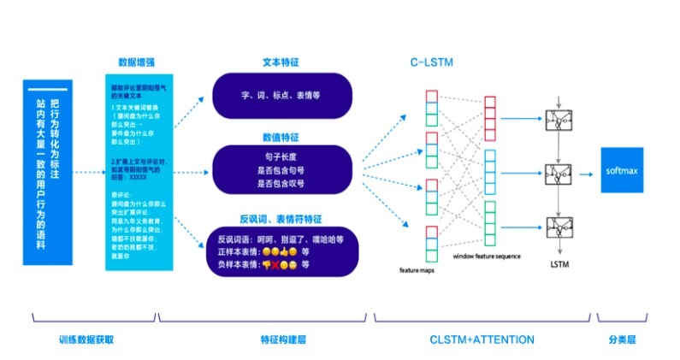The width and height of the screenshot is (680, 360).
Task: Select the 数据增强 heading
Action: pyautogui.click(x=136, y=62)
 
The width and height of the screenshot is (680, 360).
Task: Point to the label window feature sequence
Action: pyautogui.click(x=488, y=256)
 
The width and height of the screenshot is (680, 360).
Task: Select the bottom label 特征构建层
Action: pyautogui.click(x=282, y=339)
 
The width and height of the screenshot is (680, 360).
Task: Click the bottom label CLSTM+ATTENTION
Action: pyautogui.click(x=482, y=339)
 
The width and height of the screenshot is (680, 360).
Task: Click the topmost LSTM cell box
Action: pyautogui.click(x=559, y=120)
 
